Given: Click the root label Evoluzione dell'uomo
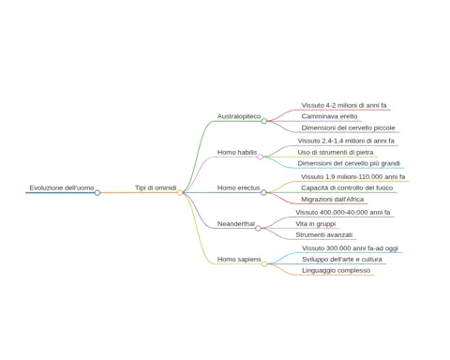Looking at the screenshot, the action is [x=62, y=187].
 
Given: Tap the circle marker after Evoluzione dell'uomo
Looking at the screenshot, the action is [x=97, y=193].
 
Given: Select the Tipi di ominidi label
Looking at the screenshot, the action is [x=156, y=187].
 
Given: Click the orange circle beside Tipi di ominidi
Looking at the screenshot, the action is [x=180, y=192].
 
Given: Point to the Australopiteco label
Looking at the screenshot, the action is [x=239, y=116].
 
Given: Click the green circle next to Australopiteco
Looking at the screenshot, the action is [x=264, y=121].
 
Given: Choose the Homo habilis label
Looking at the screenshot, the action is [x=237, y=152].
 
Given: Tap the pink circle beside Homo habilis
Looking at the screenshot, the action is [x=260, y=157].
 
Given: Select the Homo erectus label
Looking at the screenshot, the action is [x=239, y=187].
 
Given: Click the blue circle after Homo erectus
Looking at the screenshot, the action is [x=263, y=192].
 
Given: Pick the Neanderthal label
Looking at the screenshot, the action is [x=236, y=224].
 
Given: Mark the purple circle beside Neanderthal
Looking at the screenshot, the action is [x=258, y=229].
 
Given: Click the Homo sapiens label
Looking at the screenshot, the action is [x=239, y=260].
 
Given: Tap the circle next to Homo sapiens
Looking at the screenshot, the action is [x=264, y=264].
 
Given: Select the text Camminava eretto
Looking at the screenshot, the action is [x=329, y=116].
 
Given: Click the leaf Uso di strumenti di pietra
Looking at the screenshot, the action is [x=336, y=152].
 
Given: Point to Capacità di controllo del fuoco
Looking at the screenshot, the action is [x=347, y=187].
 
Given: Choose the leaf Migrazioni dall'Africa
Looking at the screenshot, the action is [x=332, y=199].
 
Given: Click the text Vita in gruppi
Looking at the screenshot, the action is [x=316, y=224].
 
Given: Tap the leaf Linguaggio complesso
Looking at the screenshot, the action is [x=336, y=270].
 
